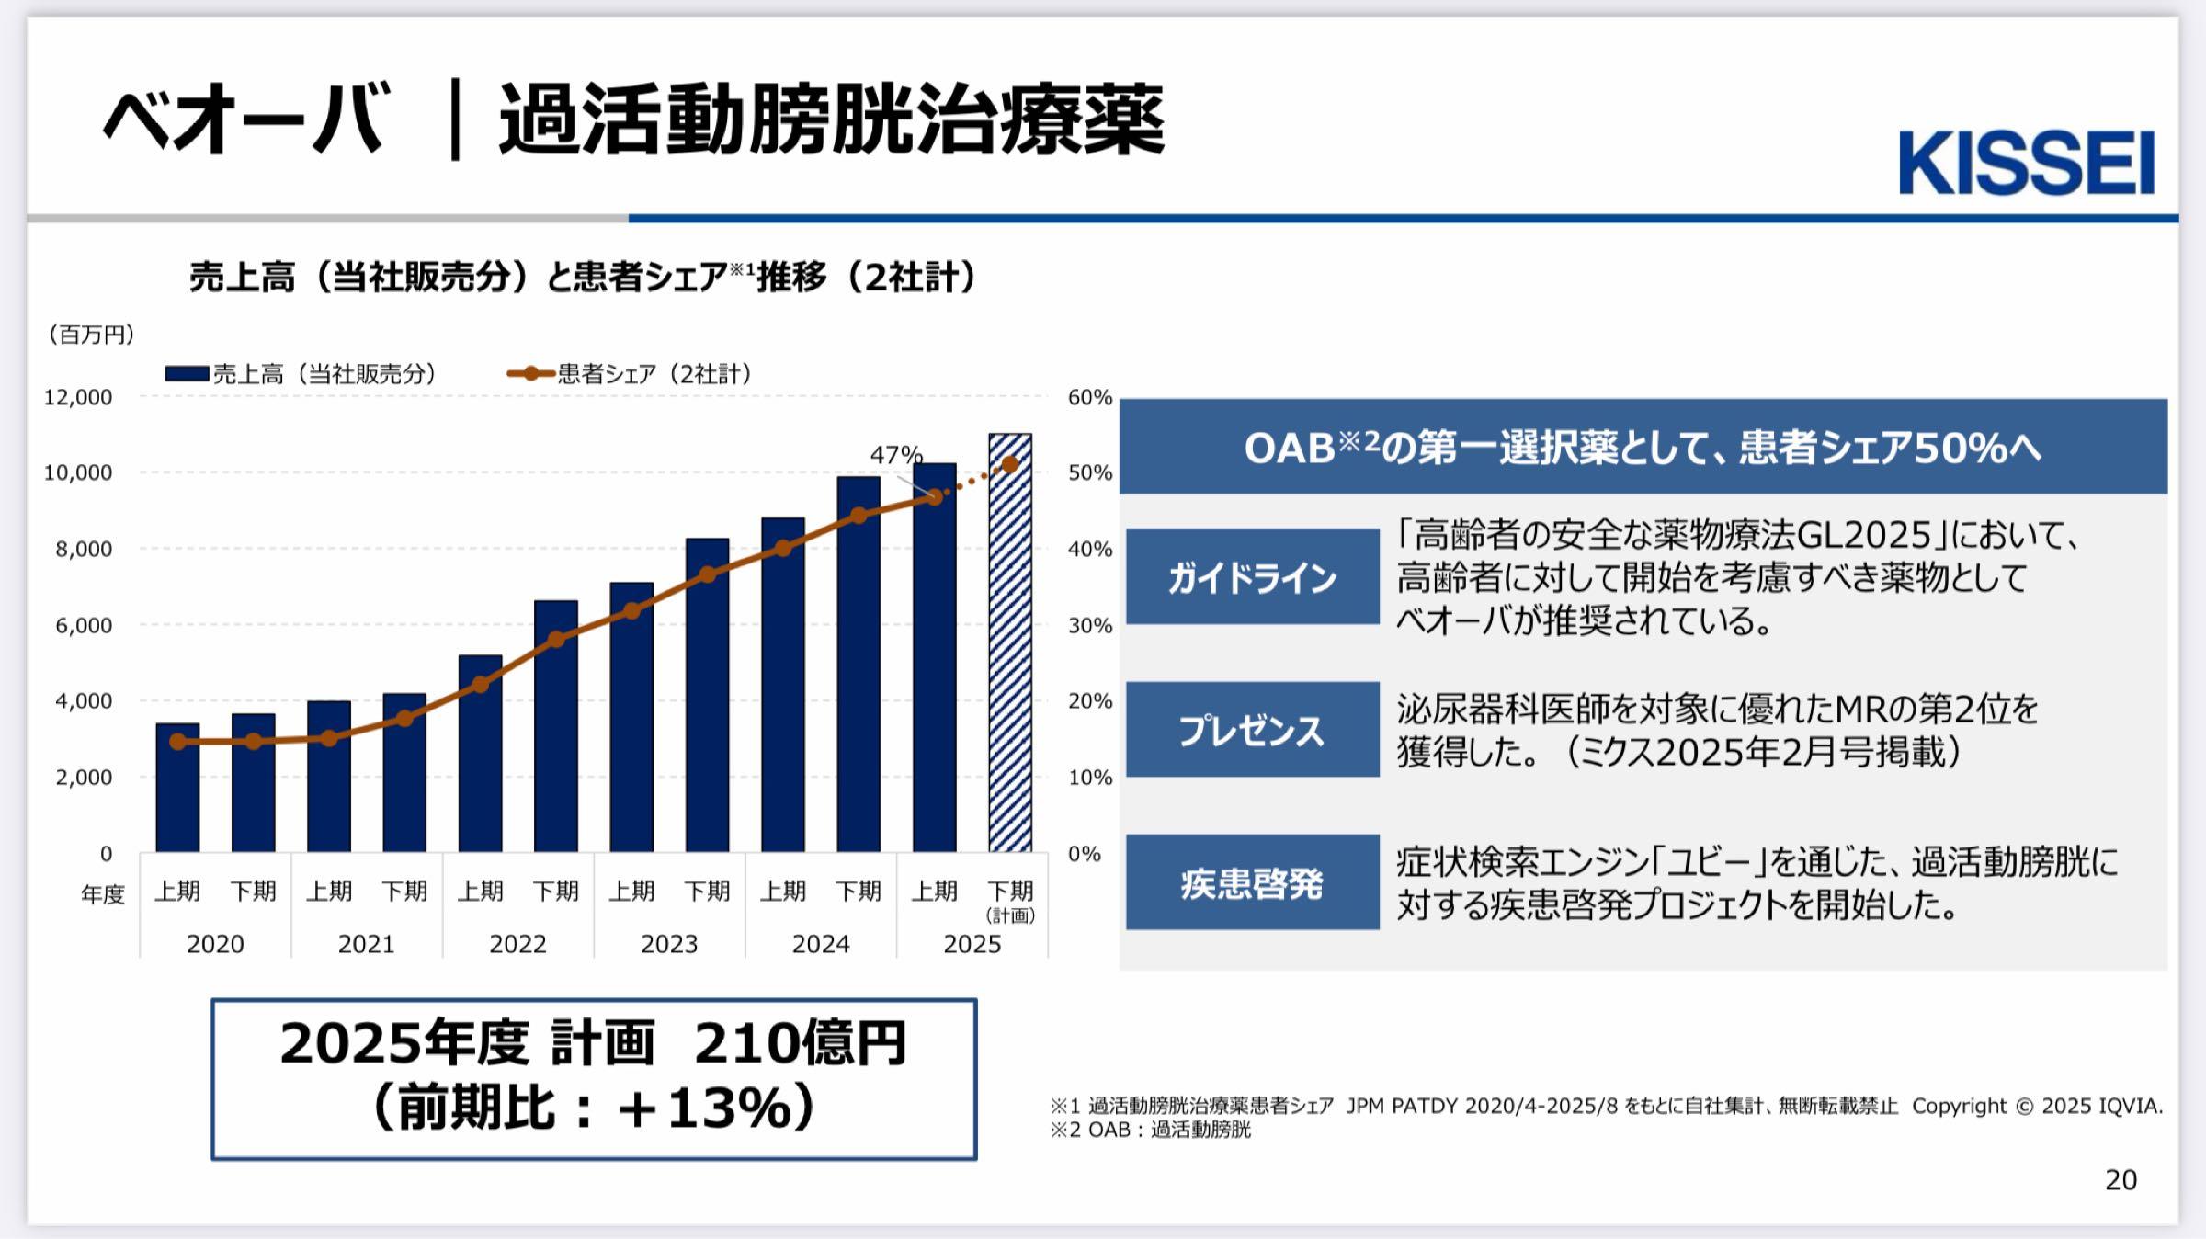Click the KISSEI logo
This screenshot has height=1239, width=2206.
click(2026, 164)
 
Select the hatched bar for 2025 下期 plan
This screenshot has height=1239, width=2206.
click(1009, 643)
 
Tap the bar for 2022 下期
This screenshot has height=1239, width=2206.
click(555, 726)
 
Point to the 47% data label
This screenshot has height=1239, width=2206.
click(895, 455)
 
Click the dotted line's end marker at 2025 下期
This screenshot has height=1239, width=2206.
click(1009, 465)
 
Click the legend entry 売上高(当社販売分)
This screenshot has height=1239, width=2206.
click(303, 374)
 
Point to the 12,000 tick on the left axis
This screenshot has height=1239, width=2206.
click(78, 397)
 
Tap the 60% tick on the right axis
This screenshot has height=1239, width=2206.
click(1089, 397)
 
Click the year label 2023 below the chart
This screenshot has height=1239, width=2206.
click(668, 944)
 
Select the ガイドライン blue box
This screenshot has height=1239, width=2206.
click(1252, 577)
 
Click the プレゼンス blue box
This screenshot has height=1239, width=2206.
click(1252, 730)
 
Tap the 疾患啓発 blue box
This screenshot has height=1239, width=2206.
click(1252, 882)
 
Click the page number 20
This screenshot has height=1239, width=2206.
click(2121, 1179)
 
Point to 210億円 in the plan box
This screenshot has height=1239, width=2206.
click(800, 1044)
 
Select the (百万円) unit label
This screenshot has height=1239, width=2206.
click(91, 335)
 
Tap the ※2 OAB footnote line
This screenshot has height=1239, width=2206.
click(1150, 1130)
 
